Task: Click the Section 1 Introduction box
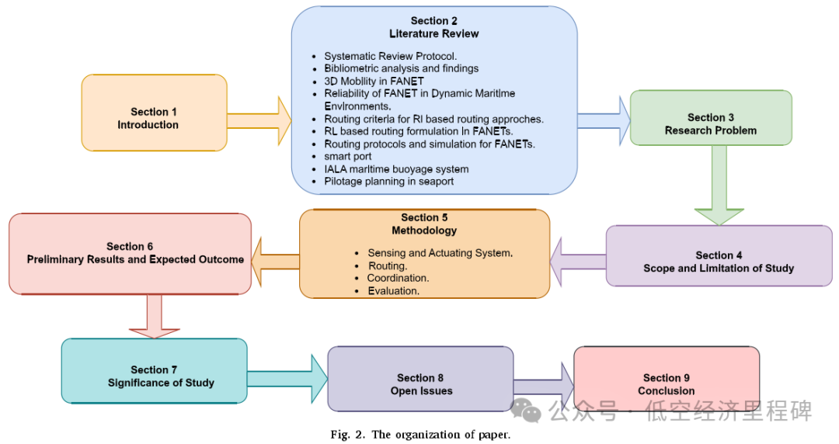pyautogui.click(x=154, y=113)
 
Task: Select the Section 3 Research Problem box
pyautogui.click(x=710, y=118)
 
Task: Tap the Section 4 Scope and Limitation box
pyautogui.click(x=719, y=256)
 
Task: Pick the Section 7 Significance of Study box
pyautogui.click(x=154, y=371)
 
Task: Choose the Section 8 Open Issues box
pyautogui.click(x=420, y=379)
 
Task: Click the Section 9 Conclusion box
pyautogui.click(x=666, y=378)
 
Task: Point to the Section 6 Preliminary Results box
pyautogui.click(x=130, y=254)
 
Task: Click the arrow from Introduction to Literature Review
pyautogui.click(x=259, y=120)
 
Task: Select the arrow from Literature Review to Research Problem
pyautogui.click(x=604, y=119)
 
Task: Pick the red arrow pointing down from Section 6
pyautogui.click(x=153, y=317)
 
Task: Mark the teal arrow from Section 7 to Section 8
pyautogui.click(x=288, y=378)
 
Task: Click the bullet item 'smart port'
pyautogui.click(x=347, y=157)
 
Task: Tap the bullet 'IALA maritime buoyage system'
pyautogui.click(x=396, y=169)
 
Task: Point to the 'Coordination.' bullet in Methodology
pyautogui.click(x=399, y=278)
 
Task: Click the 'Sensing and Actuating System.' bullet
pyautogui.click(x=440, y=253)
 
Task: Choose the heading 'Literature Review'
pyautogui.click(x=433, y=34)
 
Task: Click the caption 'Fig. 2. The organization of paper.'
pyautogui.click(x=420, y=435)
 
